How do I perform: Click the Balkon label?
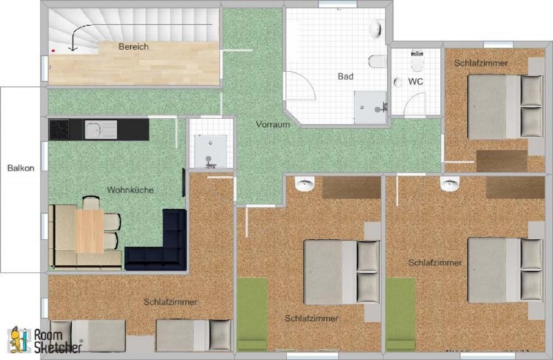(21, 168)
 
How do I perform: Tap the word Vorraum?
(273, 124)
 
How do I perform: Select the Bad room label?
(346, 76)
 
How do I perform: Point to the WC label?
(415, 82)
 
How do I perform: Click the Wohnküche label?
(130, 190)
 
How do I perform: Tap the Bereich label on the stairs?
(133, 46)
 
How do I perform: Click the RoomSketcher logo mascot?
(18, 340)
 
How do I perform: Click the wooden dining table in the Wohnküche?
(90, 231)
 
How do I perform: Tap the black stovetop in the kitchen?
(59, 129)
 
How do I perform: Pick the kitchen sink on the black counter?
(100, 129)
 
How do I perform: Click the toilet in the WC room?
(417, 61)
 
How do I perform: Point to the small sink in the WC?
(398, 82)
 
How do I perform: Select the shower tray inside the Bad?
(370, 107)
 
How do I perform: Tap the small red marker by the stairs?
(53, 51)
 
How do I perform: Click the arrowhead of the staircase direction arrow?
(73, 48)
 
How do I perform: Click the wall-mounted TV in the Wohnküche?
(184, 182)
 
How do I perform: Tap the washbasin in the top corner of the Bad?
(377, 29)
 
